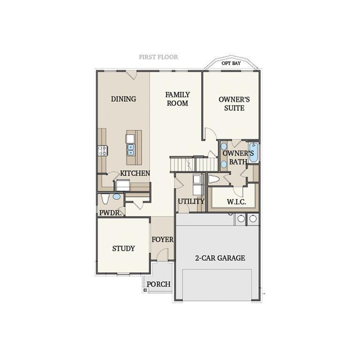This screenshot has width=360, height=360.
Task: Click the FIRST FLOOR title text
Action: [158, 57]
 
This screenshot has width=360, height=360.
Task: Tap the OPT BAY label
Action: [231, 63]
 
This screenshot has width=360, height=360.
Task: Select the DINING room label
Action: [123, 99]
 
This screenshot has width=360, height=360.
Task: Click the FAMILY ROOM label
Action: [177, 99]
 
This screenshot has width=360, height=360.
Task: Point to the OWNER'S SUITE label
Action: [234, 104]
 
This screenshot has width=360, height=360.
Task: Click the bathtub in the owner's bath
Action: [253, 152]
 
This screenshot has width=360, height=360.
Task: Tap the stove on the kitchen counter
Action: [102, 150]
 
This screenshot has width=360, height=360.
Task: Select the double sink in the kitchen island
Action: [130, 150]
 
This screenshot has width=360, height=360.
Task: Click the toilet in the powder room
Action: [105, 199]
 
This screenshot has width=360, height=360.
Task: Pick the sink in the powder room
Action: [116, 197]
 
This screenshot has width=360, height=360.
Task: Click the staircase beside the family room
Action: [194, 165]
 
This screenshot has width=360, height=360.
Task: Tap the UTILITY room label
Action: [191, 202]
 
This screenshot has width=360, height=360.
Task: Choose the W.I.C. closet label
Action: [234, 202]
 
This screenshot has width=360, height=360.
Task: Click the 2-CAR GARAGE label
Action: [220, 258]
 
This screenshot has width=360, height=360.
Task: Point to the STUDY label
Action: [123, 248]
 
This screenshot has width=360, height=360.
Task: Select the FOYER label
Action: [162, 240]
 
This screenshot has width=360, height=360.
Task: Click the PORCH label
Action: [158, 284]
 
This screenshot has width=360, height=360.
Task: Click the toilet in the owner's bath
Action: [214, 179]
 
